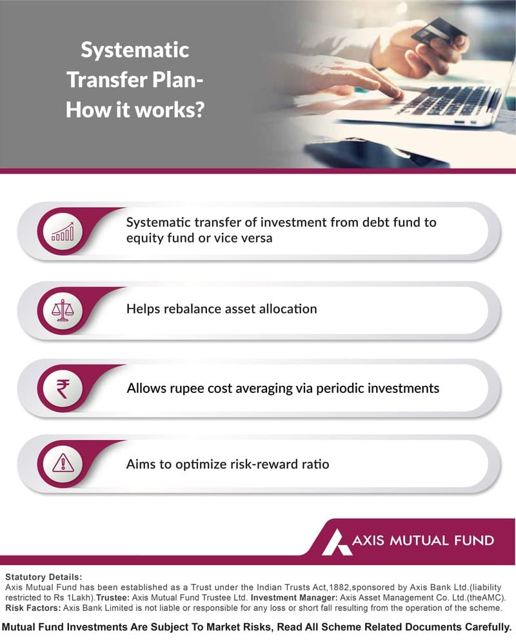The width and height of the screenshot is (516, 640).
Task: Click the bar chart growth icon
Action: click(x=63, y=231)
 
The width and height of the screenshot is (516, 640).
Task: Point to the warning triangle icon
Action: click(x=63, y=463)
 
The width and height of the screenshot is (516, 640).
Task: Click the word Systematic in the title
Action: click(x=135, y=50)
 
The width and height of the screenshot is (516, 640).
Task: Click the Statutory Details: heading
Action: click(x=43, y=576)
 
